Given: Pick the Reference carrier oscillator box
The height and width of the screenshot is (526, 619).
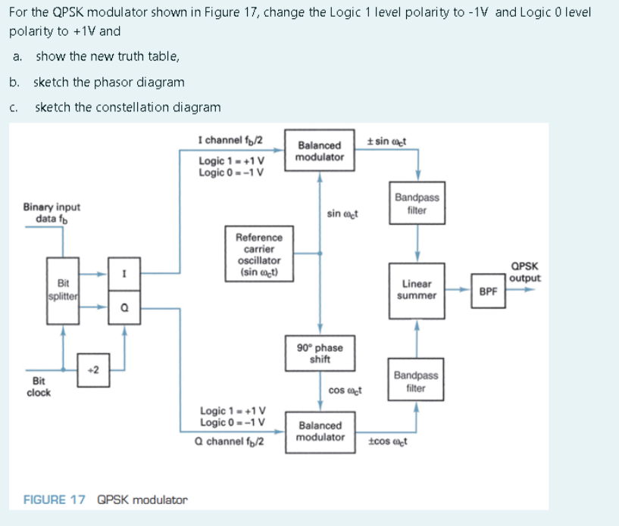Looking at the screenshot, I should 260,254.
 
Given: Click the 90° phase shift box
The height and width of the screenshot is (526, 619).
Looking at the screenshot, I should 320,353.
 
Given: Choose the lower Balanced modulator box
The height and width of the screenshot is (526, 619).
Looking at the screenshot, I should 320,431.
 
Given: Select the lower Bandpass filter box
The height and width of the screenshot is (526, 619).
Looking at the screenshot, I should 415,381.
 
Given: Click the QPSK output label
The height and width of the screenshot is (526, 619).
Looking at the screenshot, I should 525,272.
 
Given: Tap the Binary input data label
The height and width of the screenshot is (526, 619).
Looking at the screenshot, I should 52,213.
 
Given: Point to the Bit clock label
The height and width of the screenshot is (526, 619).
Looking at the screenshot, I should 39,387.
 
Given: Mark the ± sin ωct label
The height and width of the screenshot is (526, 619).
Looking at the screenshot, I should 389,141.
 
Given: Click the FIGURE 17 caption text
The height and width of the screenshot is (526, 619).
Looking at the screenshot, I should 105,500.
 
